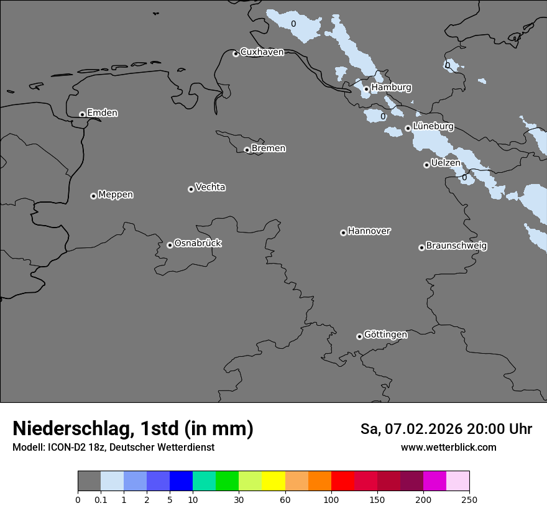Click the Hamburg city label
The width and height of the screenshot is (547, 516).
[391, 88]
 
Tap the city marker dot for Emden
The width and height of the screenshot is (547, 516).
[82, 114]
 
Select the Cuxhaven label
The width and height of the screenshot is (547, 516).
[262, 52]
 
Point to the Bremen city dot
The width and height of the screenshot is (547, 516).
[247, 150]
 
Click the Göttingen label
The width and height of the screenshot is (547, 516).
[385, 335]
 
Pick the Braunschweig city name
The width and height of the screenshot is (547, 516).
[456, 246]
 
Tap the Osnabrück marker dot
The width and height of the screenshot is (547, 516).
[170, 245]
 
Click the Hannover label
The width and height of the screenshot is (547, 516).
[369, 231]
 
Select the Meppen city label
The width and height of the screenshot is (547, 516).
[116, 195]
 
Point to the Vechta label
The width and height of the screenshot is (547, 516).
[210, 188]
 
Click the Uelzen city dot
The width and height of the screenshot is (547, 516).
[426, 165]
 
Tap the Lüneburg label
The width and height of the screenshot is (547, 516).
[433, 127]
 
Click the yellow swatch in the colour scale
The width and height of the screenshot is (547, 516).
[273, 481]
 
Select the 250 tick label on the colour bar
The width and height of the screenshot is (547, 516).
[469, 499]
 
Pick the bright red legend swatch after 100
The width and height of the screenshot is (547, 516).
[342, 481]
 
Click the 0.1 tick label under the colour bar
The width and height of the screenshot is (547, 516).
[101, 499]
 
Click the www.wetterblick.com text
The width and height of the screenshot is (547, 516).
[448, 448]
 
